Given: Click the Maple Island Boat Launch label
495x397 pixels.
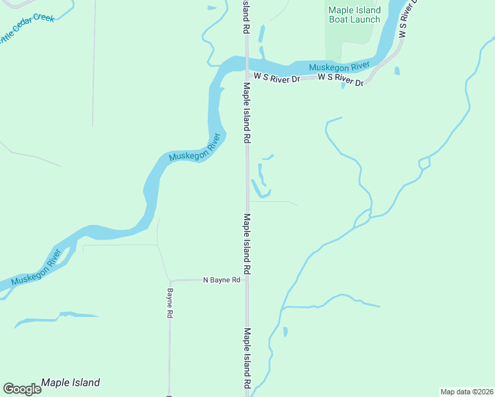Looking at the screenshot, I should point(355,15).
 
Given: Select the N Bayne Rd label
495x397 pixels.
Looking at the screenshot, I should point(222,281).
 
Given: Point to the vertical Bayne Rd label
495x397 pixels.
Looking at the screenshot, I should point(170,304).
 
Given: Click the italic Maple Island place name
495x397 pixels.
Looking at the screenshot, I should point(70,382).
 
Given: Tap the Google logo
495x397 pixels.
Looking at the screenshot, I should point(22,389).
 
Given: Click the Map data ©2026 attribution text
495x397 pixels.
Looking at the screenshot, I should point(467,392).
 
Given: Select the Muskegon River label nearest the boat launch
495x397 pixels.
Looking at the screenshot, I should point(339,67).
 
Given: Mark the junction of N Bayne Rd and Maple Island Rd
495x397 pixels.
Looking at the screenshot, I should point(247,280).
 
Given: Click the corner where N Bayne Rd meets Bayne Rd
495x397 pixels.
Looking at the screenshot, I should point(169,280).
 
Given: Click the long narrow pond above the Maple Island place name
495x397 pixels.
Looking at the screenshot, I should point(56,318).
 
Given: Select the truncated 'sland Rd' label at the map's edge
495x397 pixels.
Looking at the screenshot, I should point(246,17).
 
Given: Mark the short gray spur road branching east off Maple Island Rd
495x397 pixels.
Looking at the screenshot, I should point(271,202).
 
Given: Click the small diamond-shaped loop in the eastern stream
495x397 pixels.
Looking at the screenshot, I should point(424,162).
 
